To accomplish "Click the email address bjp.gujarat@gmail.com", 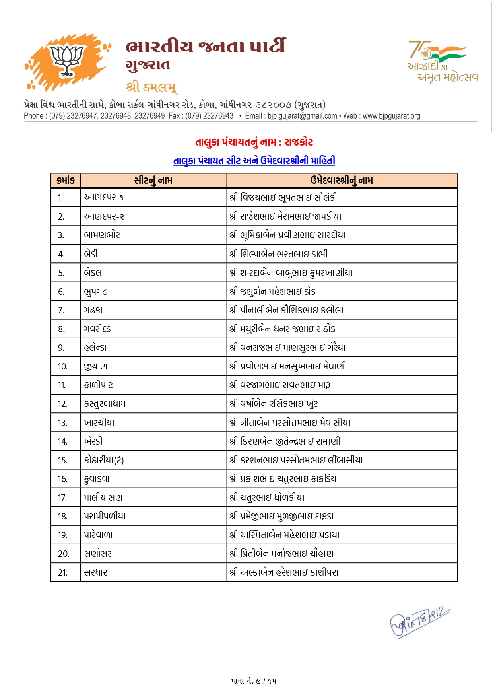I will [302, 116].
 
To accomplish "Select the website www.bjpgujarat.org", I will [391, 116].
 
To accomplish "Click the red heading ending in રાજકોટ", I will [254, 142].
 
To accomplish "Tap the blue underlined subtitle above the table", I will [254, 161].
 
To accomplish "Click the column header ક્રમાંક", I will [66, 181].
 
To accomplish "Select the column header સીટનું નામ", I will [153, 181].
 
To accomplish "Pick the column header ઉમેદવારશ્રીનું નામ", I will [342, 181].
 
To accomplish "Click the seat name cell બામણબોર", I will [102, 235].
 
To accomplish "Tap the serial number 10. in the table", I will [62, 366].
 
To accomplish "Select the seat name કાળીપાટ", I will [99, 385].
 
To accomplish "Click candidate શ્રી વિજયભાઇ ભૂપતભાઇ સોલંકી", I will [283, 198].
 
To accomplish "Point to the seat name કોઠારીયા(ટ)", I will [104, 460].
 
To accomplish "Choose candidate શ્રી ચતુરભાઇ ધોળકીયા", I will [267, 498].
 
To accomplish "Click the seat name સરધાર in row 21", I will [96, 572].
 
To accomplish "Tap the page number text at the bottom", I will [254, 681].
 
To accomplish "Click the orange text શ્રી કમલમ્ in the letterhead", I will [151, 87].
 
